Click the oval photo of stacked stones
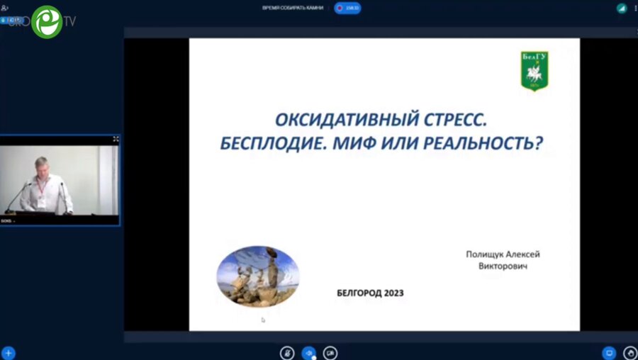pyautogui.click(x=257, y=276)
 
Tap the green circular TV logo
pyautogui.click(x=47, y=21)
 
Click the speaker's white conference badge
pyautogui.click(x=42, y=201)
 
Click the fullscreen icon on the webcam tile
pyautogui.click(x=116, y=140)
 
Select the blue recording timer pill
pyautogui.click(x=348, y=8)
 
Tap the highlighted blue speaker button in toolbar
pyautogui.click(x=309, y=352)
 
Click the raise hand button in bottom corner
pyautogui.click(x=630, y=352)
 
